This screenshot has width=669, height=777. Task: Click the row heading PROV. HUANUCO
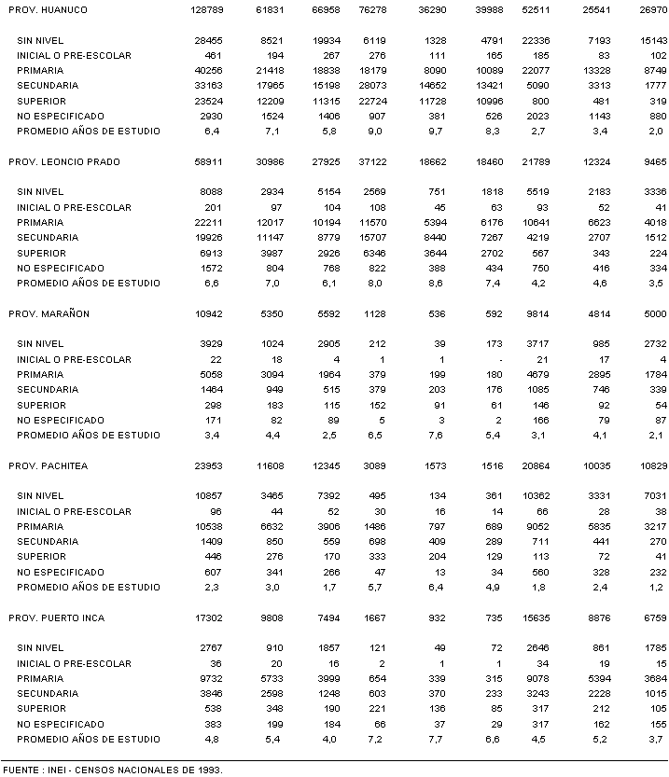(48, 9)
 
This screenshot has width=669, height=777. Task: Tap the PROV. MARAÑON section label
(49, 313)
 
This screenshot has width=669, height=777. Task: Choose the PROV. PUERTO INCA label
(56, 617)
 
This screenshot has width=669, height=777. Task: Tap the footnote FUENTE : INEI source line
(112, 770)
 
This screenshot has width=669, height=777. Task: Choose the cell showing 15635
(539, 617)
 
